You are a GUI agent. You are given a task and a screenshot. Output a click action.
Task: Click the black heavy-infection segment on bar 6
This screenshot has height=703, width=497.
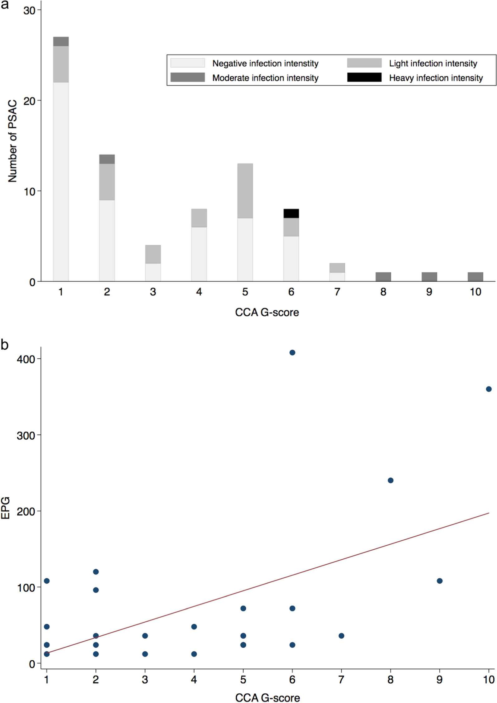(x=291, y=213)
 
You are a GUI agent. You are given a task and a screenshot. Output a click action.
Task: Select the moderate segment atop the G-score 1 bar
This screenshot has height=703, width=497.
(x=61, y=41)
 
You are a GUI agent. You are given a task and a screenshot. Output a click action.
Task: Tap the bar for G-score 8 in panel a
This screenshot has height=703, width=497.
(x=383, y=277)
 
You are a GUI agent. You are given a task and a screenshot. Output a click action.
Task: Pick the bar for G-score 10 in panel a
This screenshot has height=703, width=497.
(x=475, y=277)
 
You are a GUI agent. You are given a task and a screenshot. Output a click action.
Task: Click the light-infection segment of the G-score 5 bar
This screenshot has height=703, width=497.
(x=245, y=191)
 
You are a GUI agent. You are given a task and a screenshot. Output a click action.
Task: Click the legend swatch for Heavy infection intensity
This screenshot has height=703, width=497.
(x=364, y=77)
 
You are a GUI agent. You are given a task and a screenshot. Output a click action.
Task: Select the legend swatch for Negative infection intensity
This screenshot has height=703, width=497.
(x=187, y=63)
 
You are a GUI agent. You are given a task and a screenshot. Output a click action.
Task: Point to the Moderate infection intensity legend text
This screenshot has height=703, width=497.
(x=265, y=78)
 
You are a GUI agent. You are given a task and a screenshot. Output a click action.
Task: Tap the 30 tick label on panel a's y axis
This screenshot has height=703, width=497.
(x=29, y=11)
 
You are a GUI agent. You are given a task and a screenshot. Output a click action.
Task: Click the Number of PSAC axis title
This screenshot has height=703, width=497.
(x=12, y=141)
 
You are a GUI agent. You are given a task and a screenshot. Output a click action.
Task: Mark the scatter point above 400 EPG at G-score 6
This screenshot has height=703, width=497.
(x=292, y=352)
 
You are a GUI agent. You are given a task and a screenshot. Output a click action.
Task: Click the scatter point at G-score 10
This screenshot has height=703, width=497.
(x=489, y=389)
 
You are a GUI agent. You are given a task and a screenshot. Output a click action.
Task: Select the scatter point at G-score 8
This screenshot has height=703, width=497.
(x=390, y=480)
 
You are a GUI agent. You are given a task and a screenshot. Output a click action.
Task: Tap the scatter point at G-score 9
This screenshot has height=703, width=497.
(x=440, y=581)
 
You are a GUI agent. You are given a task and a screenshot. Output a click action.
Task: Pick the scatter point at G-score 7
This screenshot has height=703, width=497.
(x=341, y=636)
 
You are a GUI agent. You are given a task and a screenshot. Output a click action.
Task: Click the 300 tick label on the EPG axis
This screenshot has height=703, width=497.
(x=26, y=435)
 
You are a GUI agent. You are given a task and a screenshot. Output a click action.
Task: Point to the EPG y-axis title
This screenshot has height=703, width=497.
(x=6, y=508)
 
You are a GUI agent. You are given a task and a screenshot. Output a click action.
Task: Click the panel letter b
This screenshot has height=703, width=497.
(x=4, y=345)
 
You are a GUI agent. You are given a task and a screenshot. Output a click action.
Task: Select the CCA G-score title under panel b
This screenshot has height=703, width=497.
(x=268, y=698)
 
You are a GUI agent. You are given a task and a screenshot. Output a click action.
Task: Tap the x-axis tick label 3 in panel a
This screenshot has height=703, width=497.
(x=153, y=292)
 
